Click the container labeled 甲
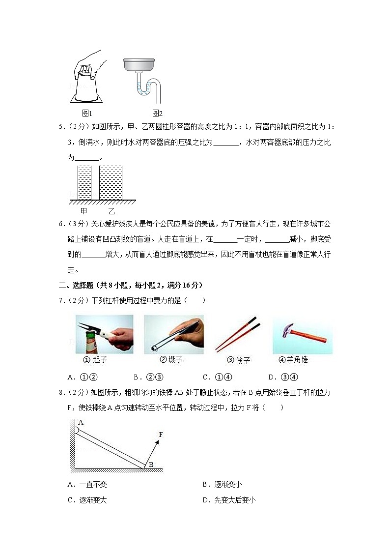click(x=84, y=182)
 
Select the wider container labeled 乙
click(x=111, y=182)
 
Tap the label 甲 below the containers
click(x=84, y=211)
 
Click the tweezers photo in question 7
click(x=173, y=334)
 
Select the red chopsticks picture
click(x=238, y=334)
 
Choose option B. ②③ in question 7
click(x=145, y=378)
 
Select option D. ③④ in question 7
click(x=279, y=378)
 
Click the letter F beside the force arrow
click(x=161, y=434)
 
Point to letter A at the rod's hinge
click(x=81, y=422)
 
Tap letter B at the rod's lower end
click(x=151, y=465)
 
